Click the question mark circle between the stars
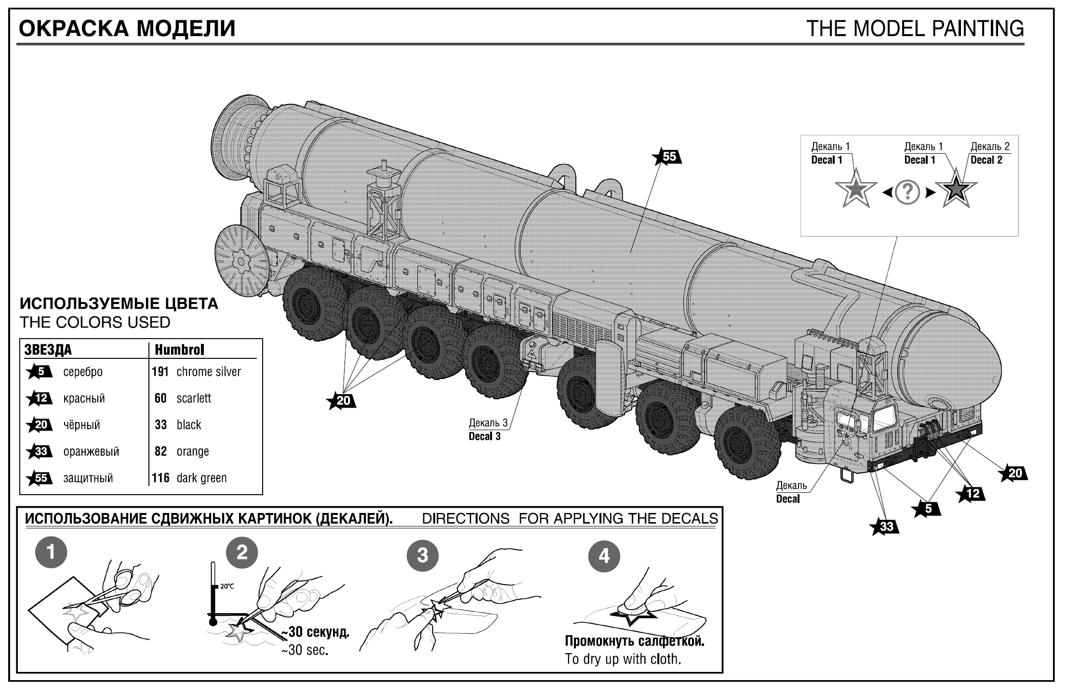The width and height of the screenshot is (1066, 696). coord(907,192)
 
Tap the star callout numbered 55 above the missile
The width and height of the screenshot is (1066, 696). coord(667,157)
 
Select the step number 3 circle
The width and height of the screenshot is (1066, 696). coord(423,555)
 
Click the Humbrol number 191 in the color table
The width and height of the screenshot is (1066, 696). coord(160,372)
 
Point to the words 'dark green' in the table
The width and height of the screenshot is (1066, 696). coord(201,478)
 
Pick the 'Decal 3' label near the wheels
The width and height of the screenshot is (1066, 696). coord(484,436)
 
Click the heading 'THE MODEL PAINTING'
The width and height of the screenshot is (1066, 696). coord(915,29)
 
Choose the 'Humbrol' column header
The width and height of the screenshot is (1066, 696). coord(179,350)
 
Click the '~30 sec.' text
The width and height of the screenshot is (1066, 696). coord(305,650)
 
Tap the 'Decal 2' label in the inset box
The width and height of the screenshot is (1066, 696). coord(986,160)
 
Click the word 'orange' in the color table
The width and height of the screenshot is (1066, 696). coord(193,452)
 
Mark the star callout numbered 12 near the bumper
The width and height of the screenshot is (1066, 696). coord(970,493)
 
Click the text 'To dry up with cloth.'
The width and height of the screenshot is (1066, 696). coord(623,659)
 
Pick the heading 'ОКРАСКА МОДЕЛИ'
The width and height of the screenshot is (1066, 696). coord(127,29)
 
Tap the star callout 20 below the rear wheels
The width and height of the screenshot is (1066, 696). coord(341,401)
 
